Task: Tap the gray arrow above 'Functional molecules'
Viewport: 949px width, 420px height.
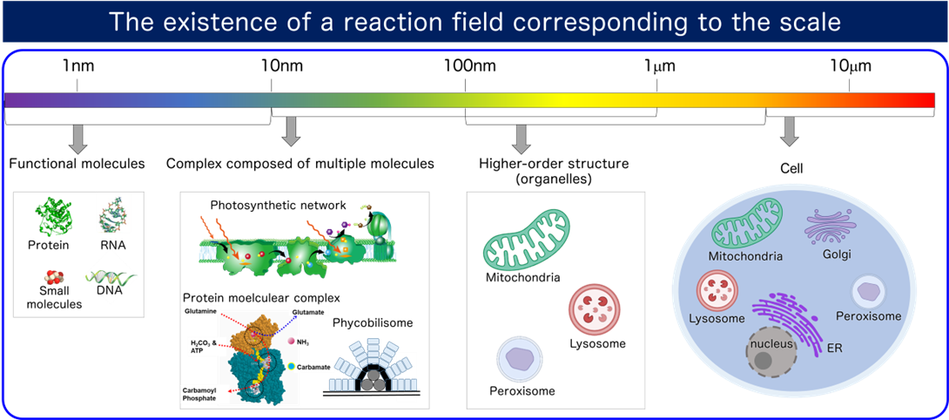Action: click(x=77, y=138)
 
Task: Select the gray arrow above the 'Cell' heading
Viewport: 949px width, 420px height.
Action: click(x=790, y=130)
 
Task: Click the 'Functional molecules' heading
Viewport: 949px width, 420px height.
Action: click(x=77, y=163)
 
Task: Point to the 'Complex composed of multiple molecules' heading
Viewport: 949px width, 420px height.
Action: click(x=300, y=163)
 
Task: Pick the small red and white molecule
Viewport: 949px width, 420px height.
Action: click(x=53, y=277)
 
